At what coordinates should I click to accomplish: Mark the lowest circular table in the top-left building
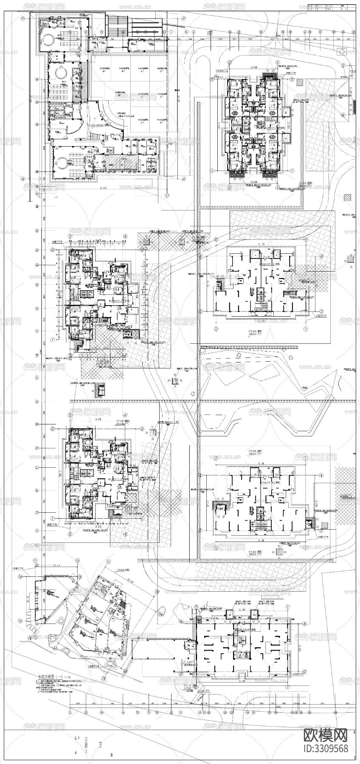60,162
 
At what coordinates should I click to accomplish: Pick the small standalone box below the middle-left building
101,389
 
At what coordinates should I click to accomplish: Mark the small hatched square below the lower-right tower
280,551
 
